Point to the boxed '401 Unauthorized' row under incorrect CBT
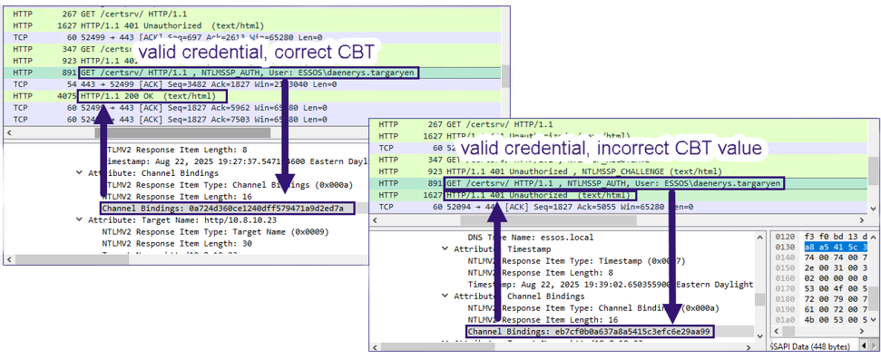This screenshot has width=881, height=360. tap(542, 195)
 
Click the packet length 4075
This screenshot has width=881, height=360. tap(64, 95)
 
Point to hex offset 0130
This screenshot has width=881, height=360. tap(786, 246)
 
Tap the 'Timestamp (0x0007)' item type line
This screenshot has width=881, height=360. tap(573, 259)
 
